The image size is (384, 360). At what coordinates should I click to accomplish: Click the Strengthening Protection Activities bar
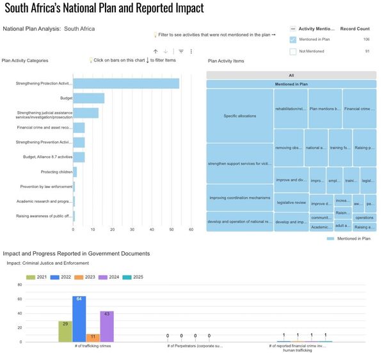coord(125,83)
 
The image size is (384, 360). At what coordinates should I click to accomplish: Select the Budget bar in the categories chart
coord(88,98)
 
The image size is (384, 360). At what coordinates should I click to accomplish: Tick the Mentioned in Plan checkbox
coord(294,40)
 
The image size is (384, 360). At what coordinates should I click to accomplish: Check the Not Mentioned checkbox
coord(294,51)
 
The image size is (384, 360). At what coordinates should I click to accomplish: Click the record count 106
coord(366,40)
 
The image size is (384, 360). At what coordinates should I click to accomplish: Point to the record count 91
coord(367,51)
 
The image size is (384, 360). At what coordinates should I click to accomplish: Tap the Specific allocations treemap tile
coord(240,115)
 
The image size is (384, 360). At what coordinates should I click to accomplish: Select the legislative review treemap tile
coord(291,202)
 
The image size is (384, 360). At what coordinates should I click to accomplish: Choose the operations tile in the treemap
coord(365,217)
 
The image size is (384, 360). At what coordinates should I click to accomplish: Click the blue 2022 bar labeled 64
coord(79,318)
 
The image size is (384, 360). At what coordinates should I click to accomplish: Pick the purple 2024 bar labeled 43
coord(107,326)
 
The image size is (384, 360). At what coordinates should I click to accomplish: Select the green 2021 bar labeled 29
coord(65,331)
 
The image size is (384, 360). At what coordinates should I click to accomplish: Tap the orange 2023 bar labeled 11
coord(93,337)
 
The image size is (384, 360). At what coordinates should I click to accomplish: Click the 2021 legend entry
coord(38,277)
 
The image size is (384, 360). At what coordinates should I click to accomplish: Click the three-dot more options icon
coord(191,51)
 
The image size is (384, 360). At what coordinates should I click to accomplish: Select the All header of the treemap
coord(291,75)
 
